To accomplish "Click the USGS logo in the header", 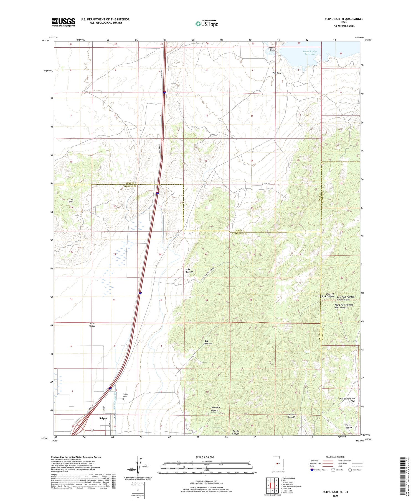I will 63,22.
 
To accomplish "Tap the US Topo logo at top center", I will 207,24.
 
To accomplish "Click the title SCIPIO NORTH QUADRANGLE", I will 340,19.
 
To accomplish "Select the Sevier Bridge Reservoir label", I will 310,53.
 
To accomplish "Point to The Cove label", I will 277,73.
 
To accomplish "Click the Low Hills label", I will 71,200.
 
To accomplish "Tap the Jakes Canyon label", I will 189,270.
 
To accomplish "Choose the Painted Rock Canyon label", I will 328,295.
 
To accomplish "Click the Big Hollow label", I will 208,342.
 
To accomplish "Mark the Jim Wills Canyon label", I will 215,409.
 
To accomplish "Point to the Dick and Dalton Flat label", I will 347,400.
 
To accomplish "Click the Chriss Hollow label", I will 348,426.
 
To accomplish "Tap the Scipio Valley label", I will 92,325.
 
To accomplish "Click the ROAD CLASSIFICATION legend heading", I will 335,457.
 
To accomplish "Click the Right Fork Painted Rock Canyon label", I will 344,306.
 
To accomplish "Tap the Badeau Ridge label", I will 272,49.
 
